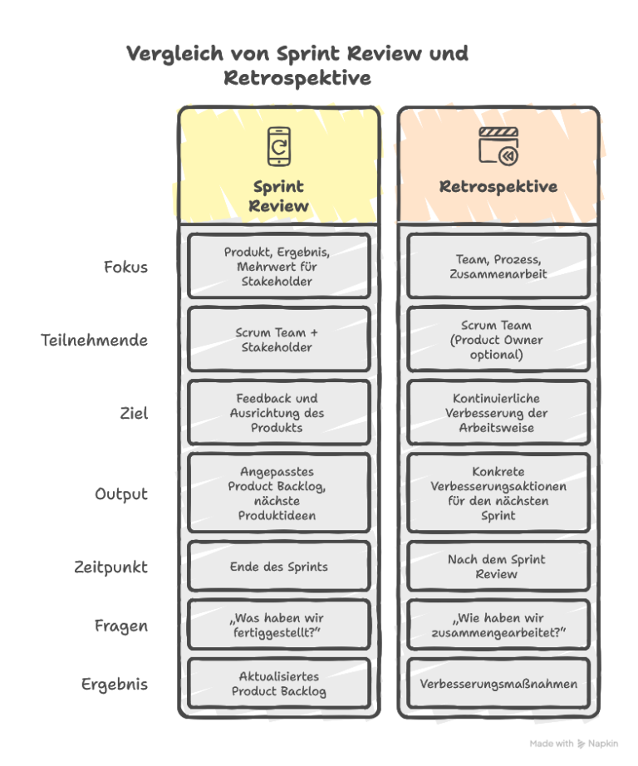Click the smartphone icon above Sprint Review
[x=278, y=145]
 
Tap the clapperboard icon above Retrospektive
[x=498, y=145]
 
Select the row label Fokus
[x=125, y=267]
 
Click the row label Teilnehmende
[x=94, y=340]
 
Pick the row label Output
[x=120, y=493]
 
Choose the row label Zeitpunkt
[x=110, y=567]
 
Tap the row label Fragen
[x=120, y=626]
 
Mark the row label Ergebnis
[x=114, y=685]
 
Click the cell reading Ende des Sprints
[x=278, y=567]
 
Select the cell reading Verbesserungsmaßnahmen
[x=498, y=685]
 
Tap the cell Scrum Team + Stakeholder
[x=278, y=340]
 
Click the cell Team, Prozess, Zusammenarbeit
[x=498, y=267]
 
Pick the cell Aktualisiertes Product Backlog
[x=278, y=685]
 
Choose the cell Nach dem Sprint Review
[x=498, y=567]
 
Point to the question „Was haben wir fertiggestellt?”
[x=278, y=626]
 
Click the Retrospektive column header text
[x=498, y=186]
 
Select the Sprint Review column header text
[x=278, y=196]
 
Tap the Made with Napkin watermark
[x=574, y=744]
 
